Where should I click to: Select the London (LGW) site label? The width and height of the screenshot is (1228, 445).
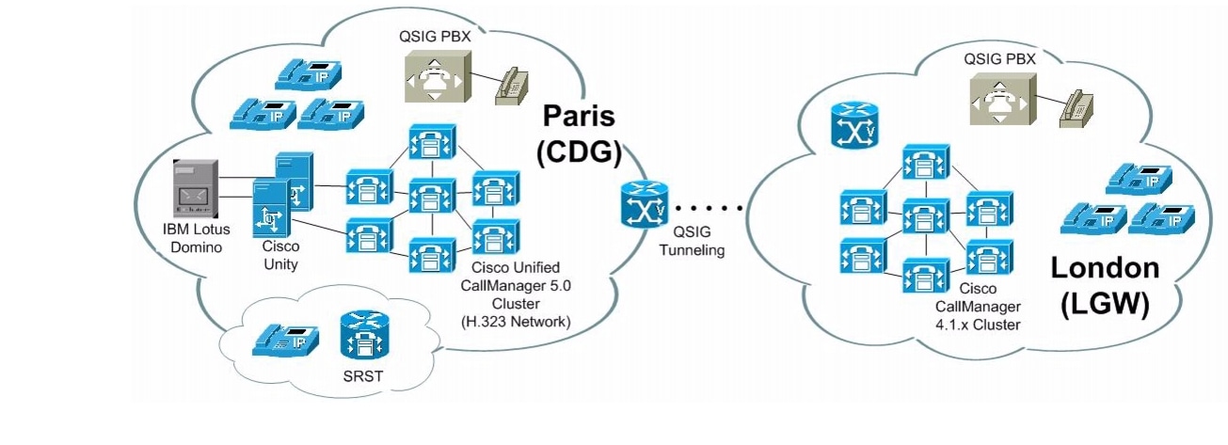[1104, 287]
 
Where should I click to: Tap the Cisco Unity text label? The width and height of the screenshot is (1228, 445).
[279, 257]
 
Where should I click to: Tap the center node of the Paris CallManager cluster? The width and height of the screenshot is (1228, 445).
[430, 199]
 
